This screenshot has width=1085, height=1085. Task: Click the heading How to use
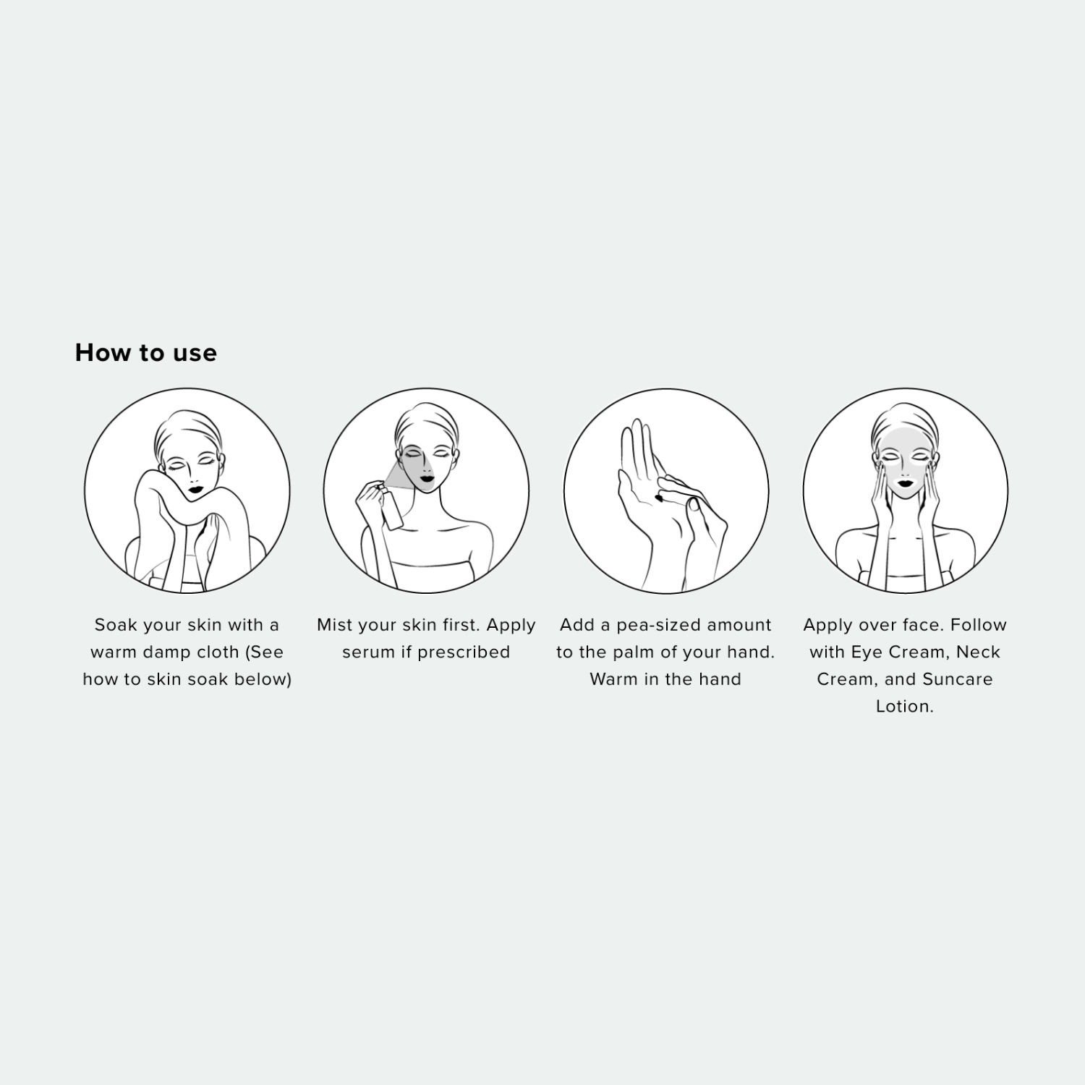point(146,353)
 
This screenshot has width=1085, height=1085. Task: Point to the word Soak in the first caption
point(116,625)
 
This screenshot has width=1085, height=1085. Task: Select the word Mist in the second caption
point(334,625)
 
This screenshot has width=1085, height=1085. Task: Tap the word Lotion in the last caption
point(904,707)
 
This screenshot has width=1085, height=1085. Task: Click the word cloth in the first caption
point(218,652)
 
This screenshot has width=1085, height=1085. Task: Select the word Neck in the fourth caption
point(978,652)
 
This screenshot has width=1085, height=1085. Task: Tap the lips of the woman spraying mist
point(425,477)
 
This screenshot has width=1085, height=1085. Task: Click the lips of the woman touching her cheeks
point(905,480)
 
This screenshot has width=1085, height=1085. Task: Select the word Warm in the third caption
point(613,680)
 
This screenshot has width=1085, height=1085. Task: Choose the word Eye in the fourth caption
point(867,653)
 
